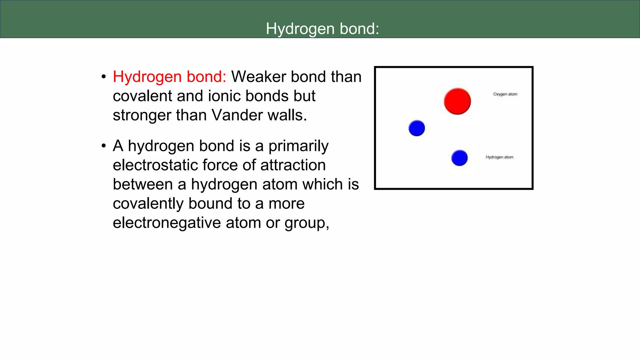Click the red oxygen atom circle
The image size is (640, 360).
[x=457, y=101]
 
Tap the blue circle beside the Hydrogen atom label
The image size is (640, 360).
[x=459, y=158]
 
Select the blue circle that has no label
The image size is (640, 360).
[x=417, y=128]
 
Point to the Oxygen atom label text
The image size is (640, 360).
[x=505, y=94]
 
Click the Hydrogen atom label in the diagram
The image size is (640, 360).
[x=499, y=157]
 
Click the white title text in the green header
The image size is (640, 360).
[x=322, y=29]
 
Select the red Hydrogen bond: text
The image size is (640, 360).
[x=169, y=77]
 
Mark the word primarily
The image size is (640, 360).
[x=298, y=146]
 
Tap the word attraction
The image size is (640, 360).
[x=293, y=165]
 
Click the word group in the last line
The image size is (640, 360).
[x=306, y=223]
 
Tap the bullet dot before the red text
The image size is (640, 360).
[x=104, y=77]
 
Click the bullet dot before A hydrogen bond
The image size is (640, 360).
[x=104, y=146]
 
